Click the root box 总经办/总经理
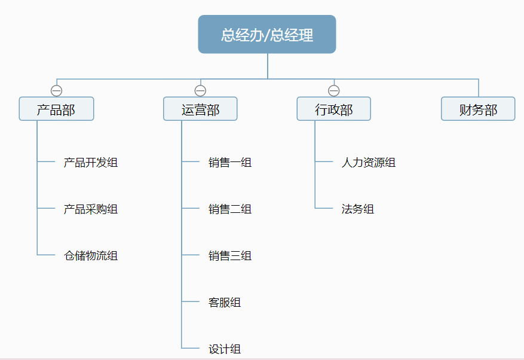(267, 34)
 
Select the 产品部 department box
(56, 109)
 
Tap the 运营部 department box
(200, 109)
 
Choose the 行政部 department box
(333, 109)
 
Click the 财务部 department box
(478, 109)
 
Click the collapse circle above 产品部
(57, 91)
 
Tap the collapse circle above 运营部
(201, 91)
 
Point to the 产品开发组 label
(90, 162)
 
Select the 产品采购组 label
(90, 209)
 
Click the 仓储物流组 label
(90, 255)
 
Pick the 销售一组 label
(229, 162)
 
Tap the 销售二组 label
(229, 209)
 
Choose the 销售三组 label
(229, 255)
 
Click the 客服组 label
(224, 302)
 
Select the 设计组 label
(224, 349)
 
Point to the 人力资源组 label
(368, 162)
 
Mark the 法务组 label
(357, 209)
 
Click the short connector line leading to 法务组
(324, 208)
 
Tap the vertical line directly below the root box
(268, 66)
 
